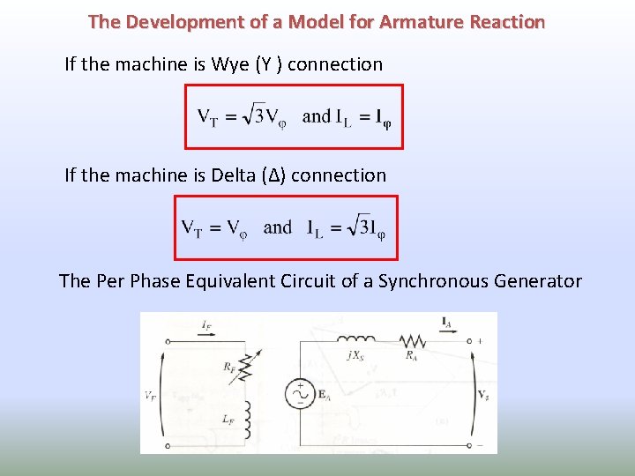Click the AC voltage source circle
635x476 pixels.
click(300, 395)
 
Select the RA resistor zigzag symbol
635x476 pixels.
click(411, 340)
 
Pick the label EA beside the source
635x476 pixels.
click(324, 397)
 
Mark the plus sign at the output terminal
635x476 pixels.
click(479, 339)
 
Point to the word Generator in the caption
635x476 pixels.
click(540, 281)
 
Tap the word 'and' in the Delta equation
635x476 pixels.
click(278, 227)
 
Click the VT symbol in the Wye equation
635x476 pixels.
click(208, 117)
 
